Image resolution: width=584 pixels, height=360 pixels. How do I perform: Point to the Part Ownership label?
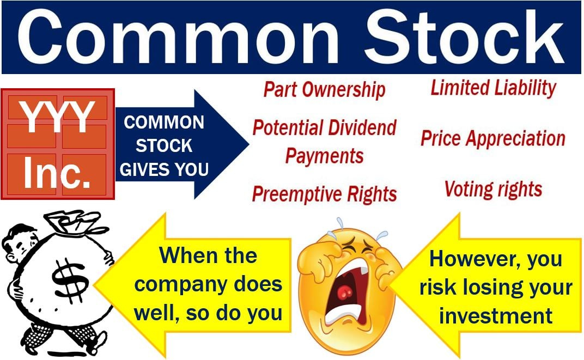[x=325, y=90]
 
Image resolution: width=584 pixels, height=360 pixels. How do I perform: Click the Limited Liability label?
[x=493, y=88]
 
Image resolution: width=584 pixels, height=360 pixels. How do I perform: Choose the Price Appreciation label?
[x=492, y=138]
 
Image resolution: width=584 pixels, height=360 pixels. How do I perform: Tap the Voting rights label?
[x=493, y=189]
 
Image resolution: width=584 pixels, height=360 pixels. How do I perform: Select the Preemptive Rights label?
[x=324, y=194]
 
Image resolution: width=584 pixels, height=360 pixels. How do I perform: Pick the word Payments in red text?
[x=324, y=156]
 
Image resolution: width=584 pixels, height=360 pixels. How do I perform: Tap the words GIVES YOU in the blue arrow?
[x=164, y=169]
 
